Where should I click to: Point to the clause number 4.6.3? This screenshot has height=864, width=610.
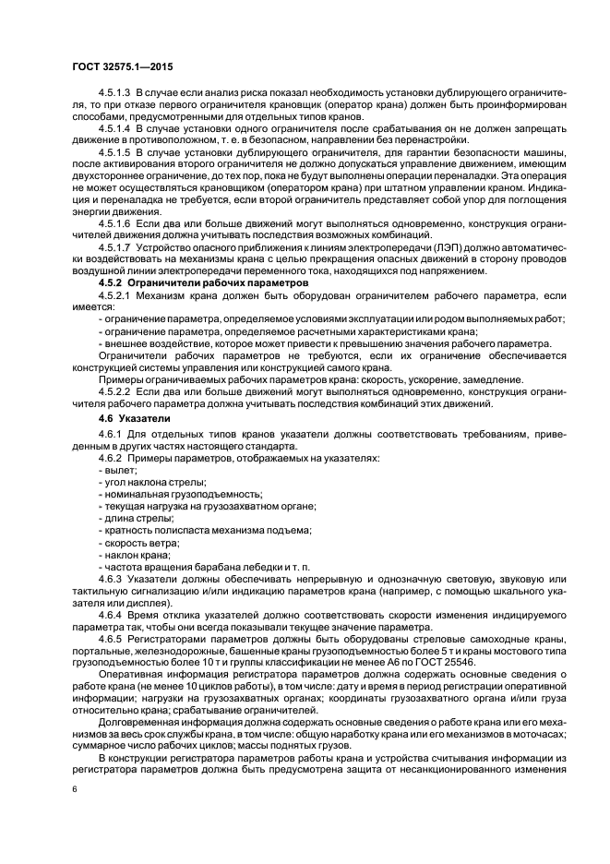110,578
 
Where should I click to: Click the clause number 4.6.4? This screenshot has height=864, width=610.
110,613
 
